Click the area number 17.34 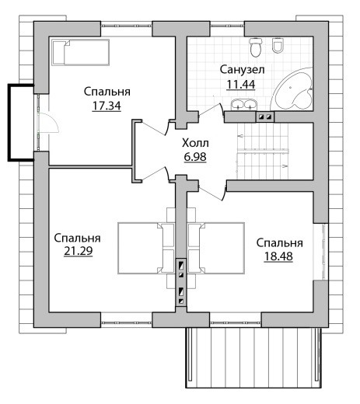pyautogui.click(x=107, y=106)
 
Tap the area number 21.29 pyautogui.click(x=79, y=251)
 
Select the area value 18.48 pyautogui.click(x=278, y=256)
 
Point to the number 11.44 pyautogui.click(x=241, y=84)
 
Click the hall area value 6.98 pyautogui.click(x=195, y=156)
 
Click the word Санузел pyautogui.click(x=243, y=70)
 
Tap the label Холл pyautogui.click(x=195, y=143)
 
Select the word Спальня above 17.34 pyautogui.click(x=107, y=92)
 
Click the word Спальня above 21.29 pyautogui.click(x=77, y=238)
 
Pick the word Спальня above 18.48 pyautogui.click(x=280, y=243)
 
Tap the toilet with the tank pyautogui.click(x=256, y=47)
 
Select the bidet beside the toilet pyautogui.click(x=278, y=46)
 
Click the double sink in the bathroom pyautogui.click(x=244, y=105)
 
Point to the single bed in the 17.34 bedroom pyautogui.click(x=80, y=52)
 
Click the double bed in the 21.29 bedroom pyautogui.click(x=146, y=249)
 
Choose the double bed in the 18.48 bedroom pyautogui.click(x=216, y=249)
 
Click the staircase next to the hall pyautogui.click(x=263, y=151)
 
